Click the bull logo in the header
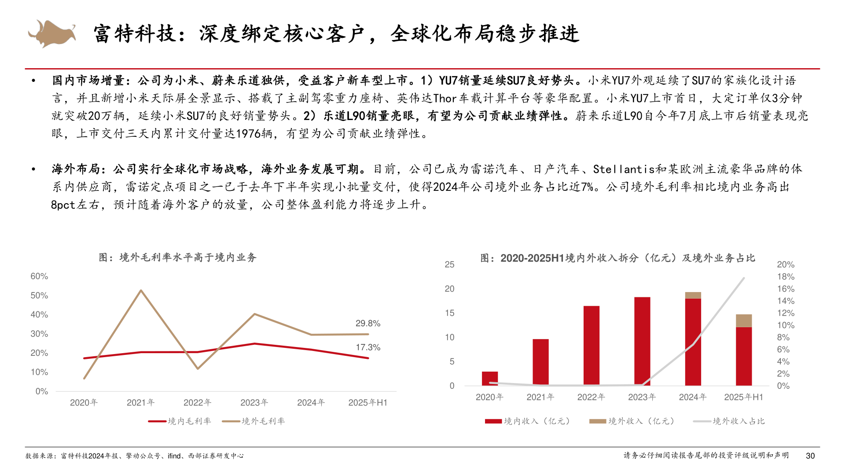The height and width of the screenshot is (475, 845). point(52,33)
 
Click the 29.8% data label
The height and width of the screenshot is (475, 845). point(367,323)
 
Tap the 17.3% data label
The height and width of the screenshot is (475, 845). point(367,347)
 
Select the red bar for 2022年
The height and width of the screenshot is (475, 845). point(591,346)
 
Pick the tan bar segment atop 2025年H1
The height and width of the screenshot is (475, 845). point(743,321)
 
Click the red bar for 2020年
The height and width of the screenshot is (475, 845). point(489,379)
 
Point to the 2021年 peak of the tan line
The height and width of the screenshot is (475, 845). point(141,290)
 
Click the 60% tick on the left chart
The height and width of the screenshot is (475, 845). point(39,276)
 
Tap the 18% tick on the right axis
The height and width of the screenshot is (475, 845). point(785,277)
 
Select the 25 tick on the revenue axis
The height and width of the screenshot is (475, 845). point(449,264)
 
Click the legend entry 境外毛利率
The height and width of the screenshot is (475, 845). point(263,421)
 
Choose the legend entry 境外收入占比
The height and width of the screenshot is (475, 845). point(738,421)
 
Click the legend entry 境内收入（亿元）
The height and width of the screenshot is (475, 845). point(536,421)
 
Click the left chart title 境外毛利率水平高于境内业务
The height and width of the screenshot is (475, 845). point(177,258)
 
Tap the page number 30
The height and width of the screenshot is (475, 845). point(810,456)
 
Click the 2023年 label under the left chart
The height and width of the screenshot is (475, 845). point(254,402)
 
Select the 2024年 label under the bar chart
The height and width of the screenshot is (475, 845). point(692,397)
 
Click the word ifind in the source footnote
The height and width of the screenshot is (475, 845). point(174,456)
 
